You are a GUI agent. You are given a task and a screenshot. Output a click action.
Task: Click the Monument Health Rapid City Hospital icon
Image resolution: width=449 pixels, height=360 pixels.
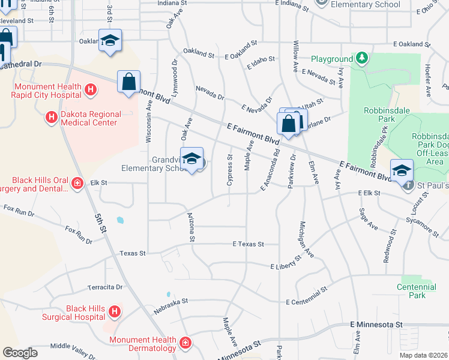point(90,91)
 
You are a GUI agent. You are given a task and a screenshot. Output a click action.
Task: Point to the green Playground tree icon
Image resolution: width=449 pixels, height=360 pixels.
point(362,58)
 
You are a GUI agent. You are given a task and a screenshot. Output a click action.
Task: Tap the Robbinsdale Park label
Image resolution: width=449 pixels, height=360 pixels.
point(379,115)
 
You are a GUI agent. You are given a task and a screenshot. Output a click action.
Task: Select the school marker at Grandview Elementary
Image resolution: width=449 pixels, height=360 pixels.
point(191,160)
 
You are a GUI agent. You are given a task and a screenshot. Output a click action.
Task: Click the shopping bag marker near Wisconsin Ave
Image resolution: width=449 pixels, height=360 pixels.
point(129,82)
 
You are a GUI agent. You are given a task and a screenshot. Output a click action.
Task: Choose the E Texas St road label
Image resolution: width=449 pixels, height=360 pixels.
point(249,244)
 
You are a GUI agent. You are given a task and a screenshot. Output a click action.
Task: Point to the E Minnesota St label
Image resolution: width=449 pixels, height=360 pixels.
point(376,325)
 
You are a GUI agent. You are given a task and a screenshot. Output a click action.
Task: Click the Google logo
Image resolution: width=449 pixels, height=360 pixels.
point(20,353)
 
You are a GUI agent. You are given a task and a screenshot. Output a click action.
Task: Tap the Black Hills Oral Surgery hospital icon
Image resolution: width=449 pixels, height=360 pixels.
point(77,182)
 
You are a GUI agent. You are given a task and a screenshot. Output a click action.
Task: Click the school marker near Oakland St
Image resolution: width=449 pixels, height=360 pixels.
point(110,41)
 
